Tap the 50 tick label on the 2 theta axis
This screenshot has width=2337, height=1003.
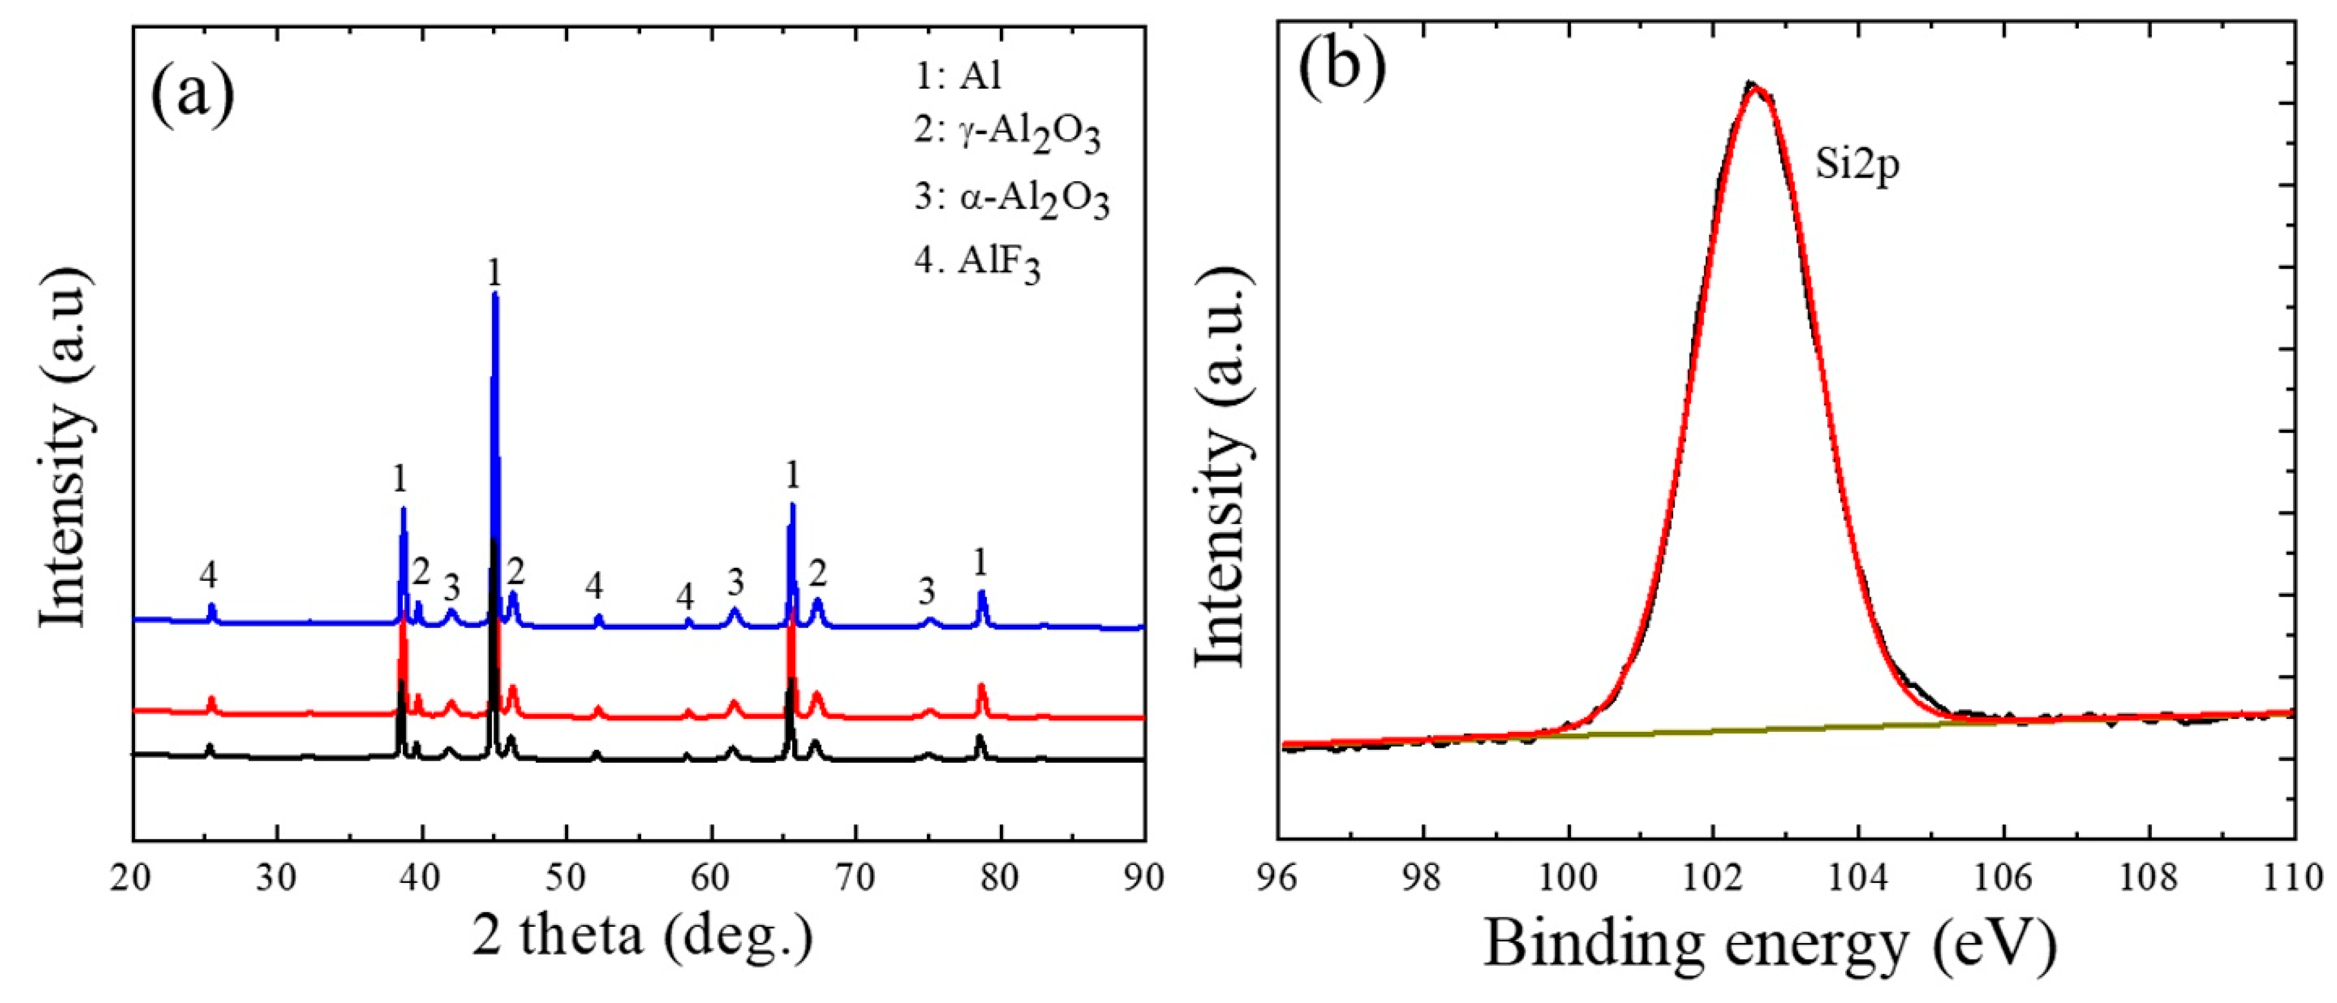point(566,878)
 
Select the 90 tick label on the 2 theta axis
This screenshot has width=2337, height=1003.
point(1144,878)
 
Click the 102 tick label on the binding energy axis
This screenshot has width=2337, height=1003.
point(1714,878)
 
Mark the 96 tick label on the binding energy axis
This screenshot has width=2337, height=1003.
point(1278,878)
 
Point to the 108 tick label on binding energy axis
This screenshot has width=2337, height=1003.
point(2149,878)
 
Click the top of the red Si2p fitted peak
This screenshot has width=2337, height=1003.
point(1757,88)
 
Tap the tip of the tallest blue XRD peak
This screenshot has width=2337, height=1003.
point(494,294)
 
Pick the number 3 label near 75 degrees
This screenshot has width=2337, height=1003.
point(926,592)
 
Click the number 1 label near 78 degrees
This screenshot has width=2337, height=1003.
point(980,563)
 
